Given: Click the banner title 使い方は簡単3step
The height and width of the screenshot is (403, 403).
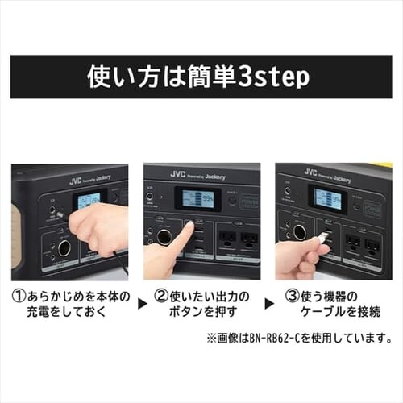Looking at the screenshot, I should point(201,77).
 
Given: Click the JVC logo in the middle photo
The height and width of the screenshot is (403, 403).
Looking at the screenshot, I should point(178,174).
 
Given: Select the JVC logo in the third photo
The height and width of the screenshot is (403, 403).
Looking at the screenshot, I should point(310,172).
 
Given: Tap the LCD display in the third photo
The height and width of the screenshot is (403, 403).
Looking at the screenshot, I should point(327,198).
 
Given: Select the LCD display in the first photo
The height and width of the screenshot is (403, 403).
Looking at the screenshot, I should point(88,200).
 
